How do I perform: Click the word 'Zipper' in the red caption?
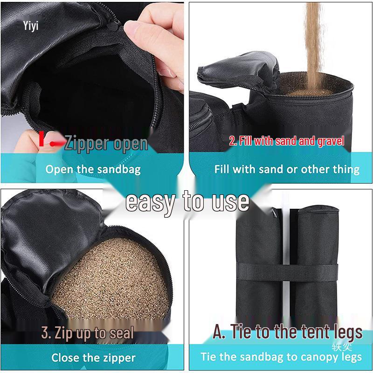[x=87, y=143]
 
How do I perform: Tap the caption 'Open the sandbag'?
[x=93, y=169]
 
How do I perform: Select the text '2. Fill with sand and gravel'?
[x=287, y=141]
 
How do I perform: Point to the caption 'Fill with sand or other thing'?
[x=287, y=169]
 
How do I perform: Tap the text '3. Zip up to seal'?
[x=87, y=333]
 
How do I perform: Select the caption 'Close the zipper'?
[x=93, y=358]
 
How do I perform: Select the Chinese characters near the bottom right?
[x=342, y=346]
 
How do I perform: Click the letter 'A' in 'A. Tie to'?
[x=220, y=332]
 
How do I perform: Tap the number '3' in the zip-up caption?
[x=46, y=333]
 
